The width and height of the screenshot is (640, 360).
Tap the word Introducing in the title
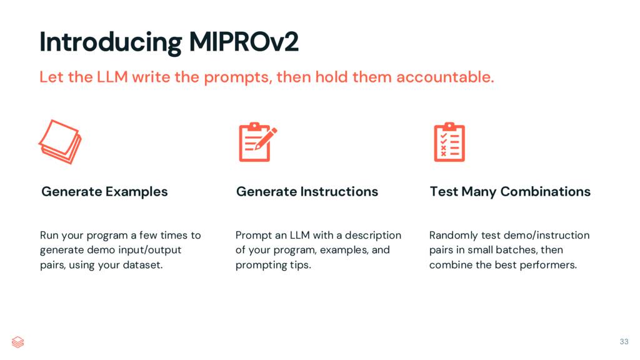click(x=109, y=42)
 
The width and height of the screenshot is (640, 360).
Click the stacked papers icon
click(x=60, y=142)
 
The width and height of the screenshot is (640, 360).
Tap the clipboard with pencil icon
click(x=257, y=142)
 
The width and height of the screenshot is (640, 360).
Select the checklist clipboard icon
click(x=449, y=142)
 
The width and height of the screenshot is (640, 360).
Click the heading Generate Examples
click(x=104, y=191)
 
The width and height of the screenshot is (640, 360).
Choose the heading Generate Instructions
click(x=307, y=191)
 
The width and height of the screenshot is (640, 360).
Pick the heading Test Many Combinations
click(x=510, y=191)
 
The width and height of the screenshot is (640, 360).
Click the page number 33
click(x=624, y=341)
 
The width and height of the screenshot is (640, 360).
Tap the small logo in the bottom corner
click(x=17, y=342)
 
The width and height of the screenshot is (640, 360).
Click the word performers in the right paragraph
click(x=549, y=265)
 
